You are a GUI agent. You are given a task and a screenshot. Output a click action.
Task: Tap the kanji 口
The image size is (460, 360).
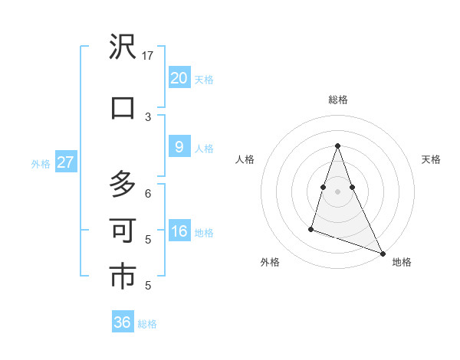[x=123, y=107]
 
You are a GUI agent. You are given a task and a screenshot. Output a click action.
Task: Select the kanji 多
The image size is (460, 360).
[x=123, y=185]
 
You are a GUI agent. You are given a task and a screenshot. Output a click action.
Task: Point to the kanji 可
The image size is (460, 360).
[x=123, y=230]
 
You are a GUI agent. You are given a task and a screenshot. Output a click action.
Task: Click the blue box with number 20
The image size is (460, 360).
[x=179, y=77]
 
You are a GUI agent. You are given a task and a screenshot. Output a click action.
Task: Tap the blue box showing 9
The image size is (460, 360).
[x=179, y=147]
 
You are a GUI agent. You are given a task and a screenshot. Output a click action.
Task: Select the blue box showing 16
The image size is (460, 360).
[x=179, y=231]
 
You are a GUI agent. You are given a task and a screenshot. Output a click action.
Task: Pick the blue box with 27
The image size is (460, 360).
[x=65, y=162]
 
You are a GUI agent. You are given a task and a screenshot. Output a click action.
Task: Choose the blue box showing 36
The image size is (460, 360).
[x=122, y=322]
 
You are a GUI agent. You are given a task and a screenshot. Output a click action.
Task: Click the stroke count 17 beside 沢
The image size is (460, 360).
[x=148, y=56]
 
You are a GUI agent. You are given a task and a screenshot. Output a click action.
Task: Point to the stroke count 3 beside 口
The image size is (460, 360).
[x=148, y=116]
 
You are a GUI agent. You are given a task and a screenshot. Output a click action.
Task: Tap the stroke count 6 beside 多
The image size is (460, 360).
[x=148, y=193]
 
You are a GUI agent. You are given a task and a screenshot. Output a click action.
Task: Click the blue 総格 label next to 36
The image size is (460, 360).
[x=147, y=324]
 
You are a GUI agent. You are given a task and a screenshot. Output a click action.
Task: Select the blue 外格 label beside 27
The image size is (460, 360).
[x=40, y=163]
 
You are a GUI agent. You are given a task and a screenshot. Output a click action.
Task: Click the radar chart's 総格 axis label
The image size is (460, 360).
[x=337, y=100]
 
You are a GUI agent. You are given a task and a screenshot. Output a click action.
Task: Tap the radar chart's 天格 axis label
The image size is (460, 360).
[x=432, y=159]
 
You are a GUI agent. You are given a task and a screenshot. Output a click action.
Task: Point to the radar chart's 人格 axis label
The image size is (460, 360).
[x=245, y=159]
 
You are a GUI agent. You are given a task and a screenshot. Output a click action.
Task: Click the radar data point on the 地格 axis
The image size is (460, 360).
[x=383, y=253]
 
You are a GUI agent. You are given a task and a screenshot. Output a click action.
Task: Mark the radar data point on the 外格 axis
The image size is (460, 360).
[x=311, y=228]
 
